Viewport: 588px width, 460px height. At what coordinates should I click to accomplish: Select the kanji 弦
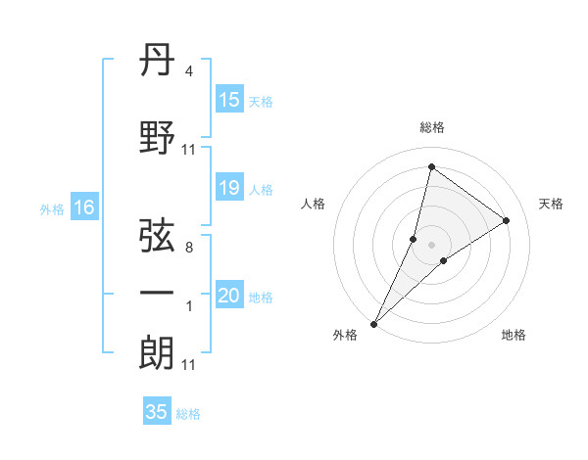pos(158,236)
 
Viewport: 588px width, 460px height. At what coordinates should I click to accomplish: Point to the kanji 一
pos(158,293)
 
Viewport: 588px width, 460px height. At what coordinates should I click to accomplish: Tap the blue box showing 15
pos(229,100)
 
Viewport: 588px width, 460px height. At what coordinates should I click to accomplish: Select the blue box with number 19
pos(229,188)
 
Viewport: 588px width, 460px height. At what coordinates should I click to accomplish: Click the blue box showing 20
pos(229,296)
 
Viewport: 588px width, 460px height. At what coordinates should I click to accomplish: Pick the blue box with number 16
pos(84,207)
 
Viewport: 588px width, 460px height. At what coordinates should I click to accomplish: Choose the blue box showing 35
pos(157,412)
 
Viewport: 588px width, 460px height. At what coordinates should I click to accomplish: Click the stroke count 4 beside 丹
pos(188,71)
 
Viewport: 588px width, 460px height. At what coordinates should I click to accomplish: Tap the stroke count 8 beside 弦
pos(188,248)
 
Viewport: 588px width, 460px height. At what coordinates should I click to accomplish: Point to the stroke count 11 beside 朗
pos(188,365)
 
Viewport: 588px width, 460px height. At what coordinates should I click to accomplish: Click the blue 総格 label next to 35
pos(188,414)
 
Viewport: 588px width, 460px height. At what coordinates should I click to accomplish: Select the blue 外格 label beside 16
pos(52,208)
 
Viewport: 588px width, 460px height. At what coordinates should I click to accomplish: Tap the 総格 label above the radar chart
pos(431,127)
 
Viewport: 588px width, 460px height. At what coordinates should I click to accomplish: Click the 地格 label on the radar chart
pos(514,335)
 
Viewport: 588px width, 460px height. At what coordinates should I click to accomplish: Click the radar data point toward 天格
pos(507,220)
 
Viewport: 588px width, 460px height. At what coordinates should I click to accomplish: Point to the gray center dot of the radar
pos(431,245)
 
